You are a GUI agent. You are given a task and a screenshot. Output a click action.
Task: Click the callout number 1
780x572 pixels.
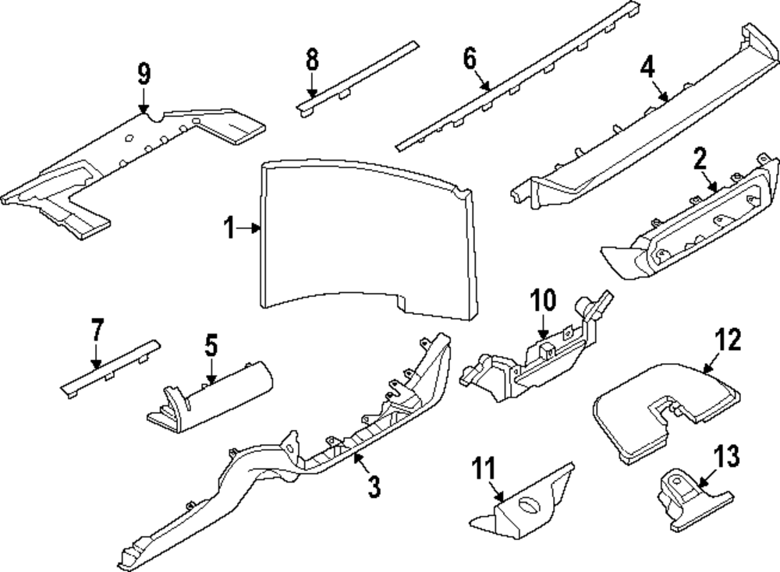point(229,228)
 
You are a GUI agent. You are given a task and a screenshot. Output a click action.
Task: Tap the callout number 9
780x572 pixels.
point(144,75)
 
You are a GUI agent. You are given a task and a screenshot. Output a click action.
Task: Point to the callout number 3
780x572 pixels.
point(374,488)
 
